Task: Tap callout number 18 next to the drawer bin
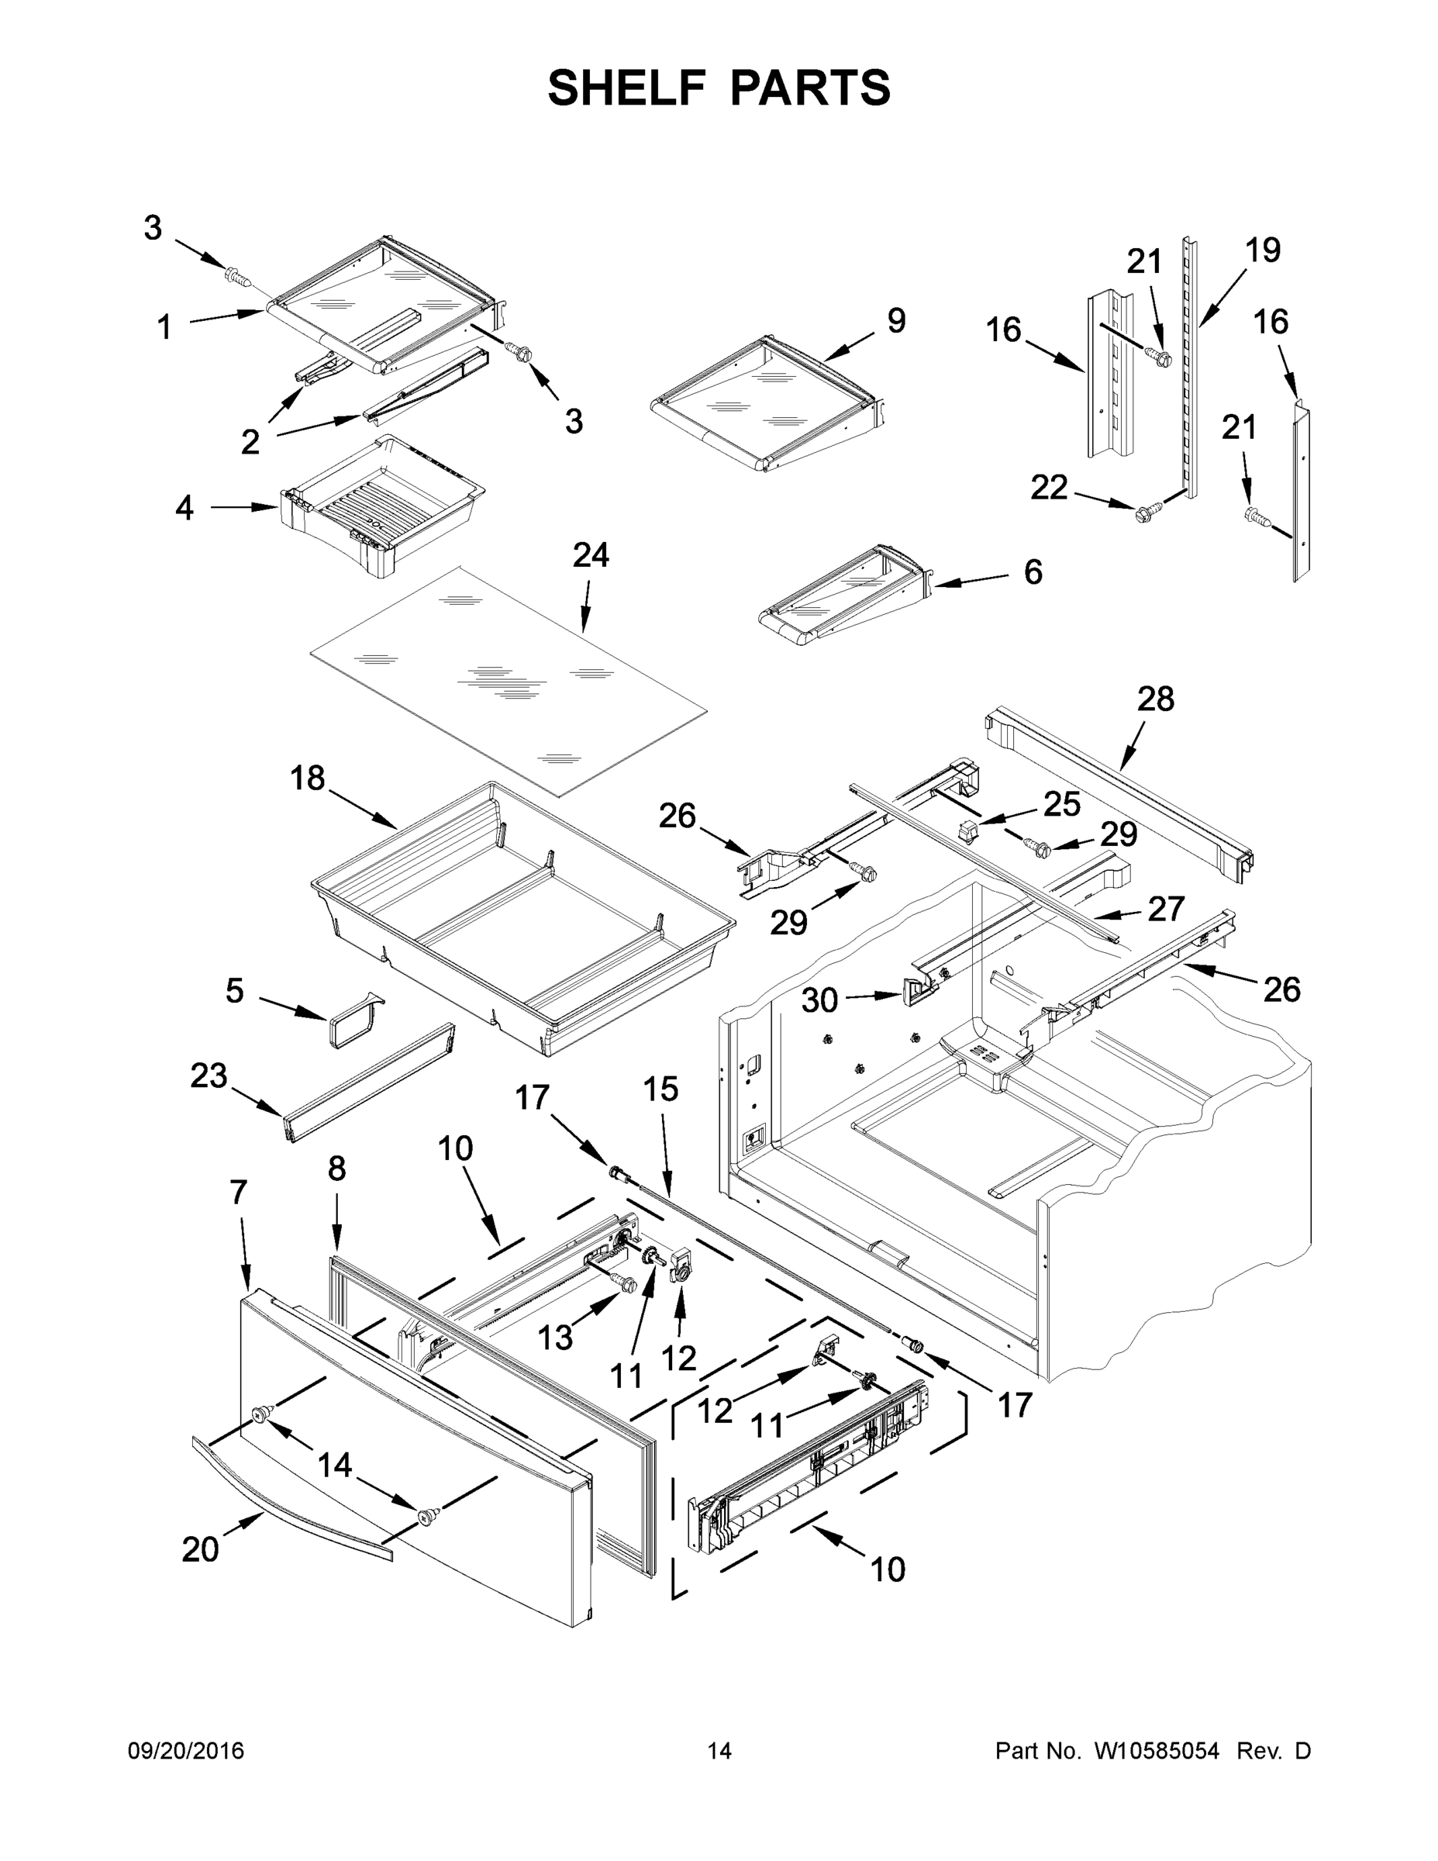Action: pos(308,777)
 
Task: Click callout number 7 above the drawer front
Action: pos(239,1192)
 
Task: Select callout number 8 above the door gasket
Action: pos(336,1169)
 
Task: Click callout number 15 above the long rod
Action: pos(660,1089)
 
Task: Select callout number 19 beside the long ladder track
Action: pos(1262,250)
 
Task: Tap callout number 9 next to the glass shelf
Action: pos(895,320)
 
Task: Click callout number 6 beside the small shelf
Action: pos(1033,571)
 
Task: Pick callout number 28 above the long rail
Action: pos(1155,699)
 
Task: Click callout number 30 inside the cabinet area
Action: pos(819,1000)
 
